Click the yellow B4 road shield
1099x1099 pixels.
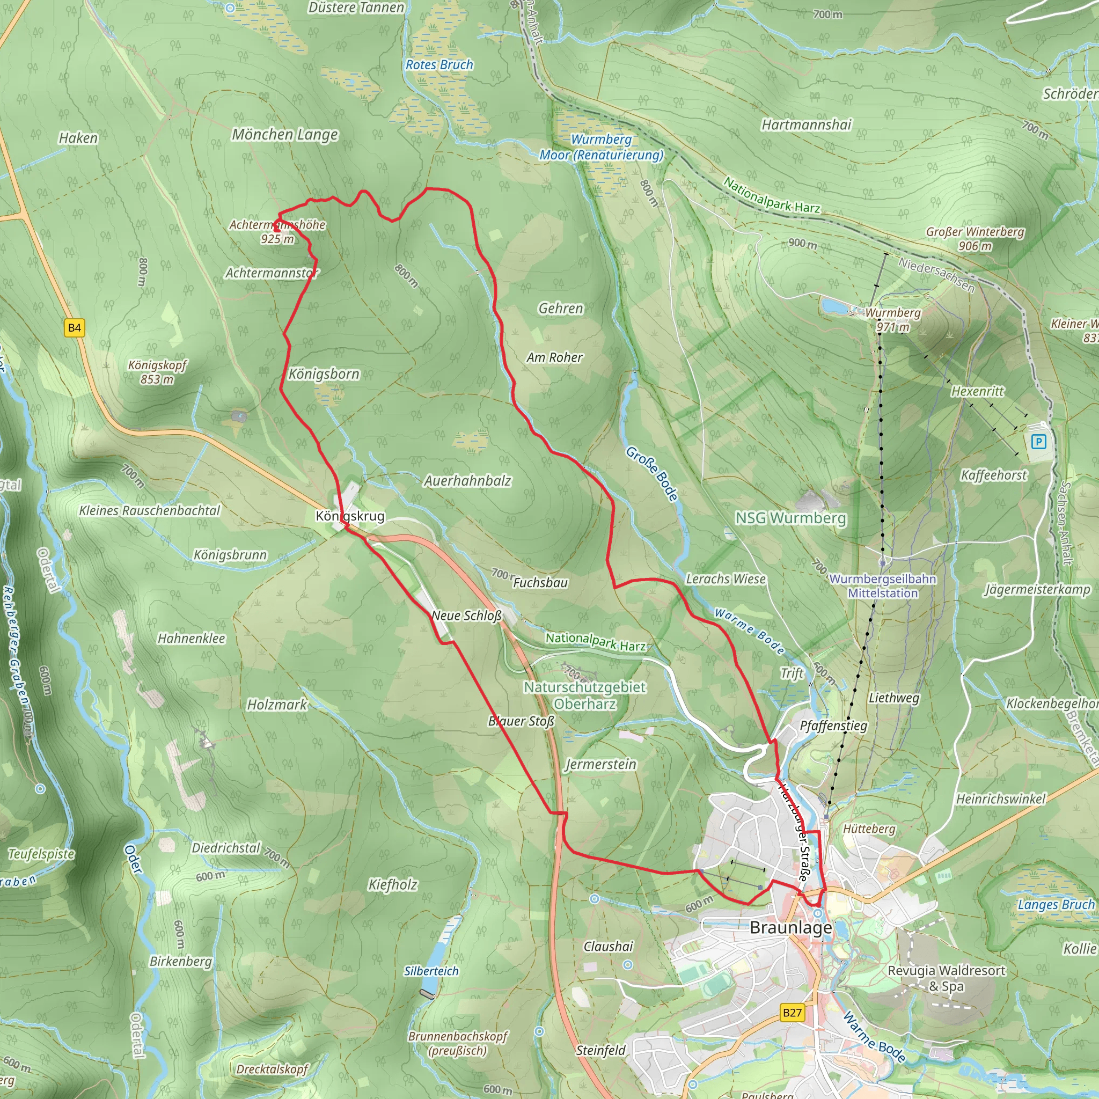[x=75, y=328]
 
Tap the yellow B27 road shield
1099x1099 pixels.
[x=793, y=1013]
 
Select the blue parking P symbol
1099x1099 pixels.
[x=1039, y=442]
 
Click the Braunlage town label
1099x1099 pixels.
[x=790, y=928]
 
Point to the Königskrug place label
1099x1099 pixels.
[x=350, y=516]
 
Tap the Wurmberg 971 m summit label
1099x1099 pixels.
[x=892, y=320]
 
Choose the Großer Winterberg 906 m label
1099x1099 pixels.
[x=975, y=239]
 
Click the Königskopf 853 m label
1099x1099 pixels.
[x=157, y=372]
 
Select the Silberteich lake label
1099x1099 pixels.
[x=431, y=971]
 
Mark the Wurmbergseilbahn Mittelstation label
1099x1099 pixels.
[x=883, y=586]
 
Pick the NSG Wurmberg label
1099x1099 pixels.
[x=790, y=518]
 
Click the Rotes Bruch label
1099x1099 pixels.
[x=439, y=65]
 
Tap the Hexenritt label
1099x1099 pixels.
[x=977, y=391]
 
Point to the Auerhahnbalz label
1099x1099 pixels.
[x=467, y=481]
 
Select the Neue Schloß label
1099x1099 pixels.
[x=466, y=616]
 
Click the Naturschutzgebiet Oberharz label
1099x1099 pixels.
[x=585, y=695]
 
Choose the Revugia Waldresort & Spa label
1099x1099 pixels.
[x=947, y=978]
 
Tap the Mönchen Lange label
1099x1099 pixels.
[x=285, y=135]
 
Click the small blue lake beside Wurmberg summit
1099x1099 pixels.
[x=834, y=306]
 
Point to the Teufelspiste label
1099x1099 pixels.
[x=41, y=854]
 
